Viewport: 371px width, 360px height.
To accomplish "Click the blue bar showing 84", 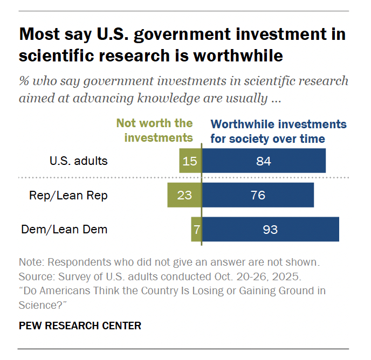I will tap(264, 161).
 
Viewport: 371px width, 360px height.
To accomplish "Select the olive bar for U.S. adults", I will tap(190, 161).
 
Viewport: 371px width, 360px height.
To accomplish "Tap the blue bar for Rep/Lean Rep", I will tap(258, 195).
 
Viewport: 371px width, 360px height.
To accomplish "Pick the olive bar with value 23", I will tap(184, 195).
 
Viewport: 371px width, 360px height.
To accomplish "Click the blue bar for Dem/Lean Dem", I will tap(270, 229).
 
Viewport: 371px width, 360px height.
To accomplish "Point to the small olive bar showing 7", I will tap(196, 229).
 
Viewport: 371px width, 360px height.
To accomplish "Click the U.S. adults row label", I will tap(79, 161).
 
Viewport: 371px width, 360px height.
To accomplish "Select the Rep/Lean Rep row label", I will tap(68, 195).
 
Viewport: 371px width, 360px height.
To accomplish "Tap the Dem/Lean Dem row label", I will tap(64, 229).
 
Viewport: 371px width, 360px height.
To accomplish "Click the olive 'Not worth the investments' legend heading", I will tap(155, 130).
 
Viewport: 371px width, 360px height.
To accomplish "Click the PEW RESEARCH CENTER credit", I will tap(80, 326).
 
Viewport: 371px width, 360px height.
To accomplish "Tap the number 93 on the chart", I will tap(270, 229).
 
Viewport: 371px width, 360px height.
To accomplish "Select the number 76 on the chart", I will tap(258, 195).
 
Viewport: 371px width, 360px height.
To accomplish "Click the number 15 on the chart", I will tap(190, 161).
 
